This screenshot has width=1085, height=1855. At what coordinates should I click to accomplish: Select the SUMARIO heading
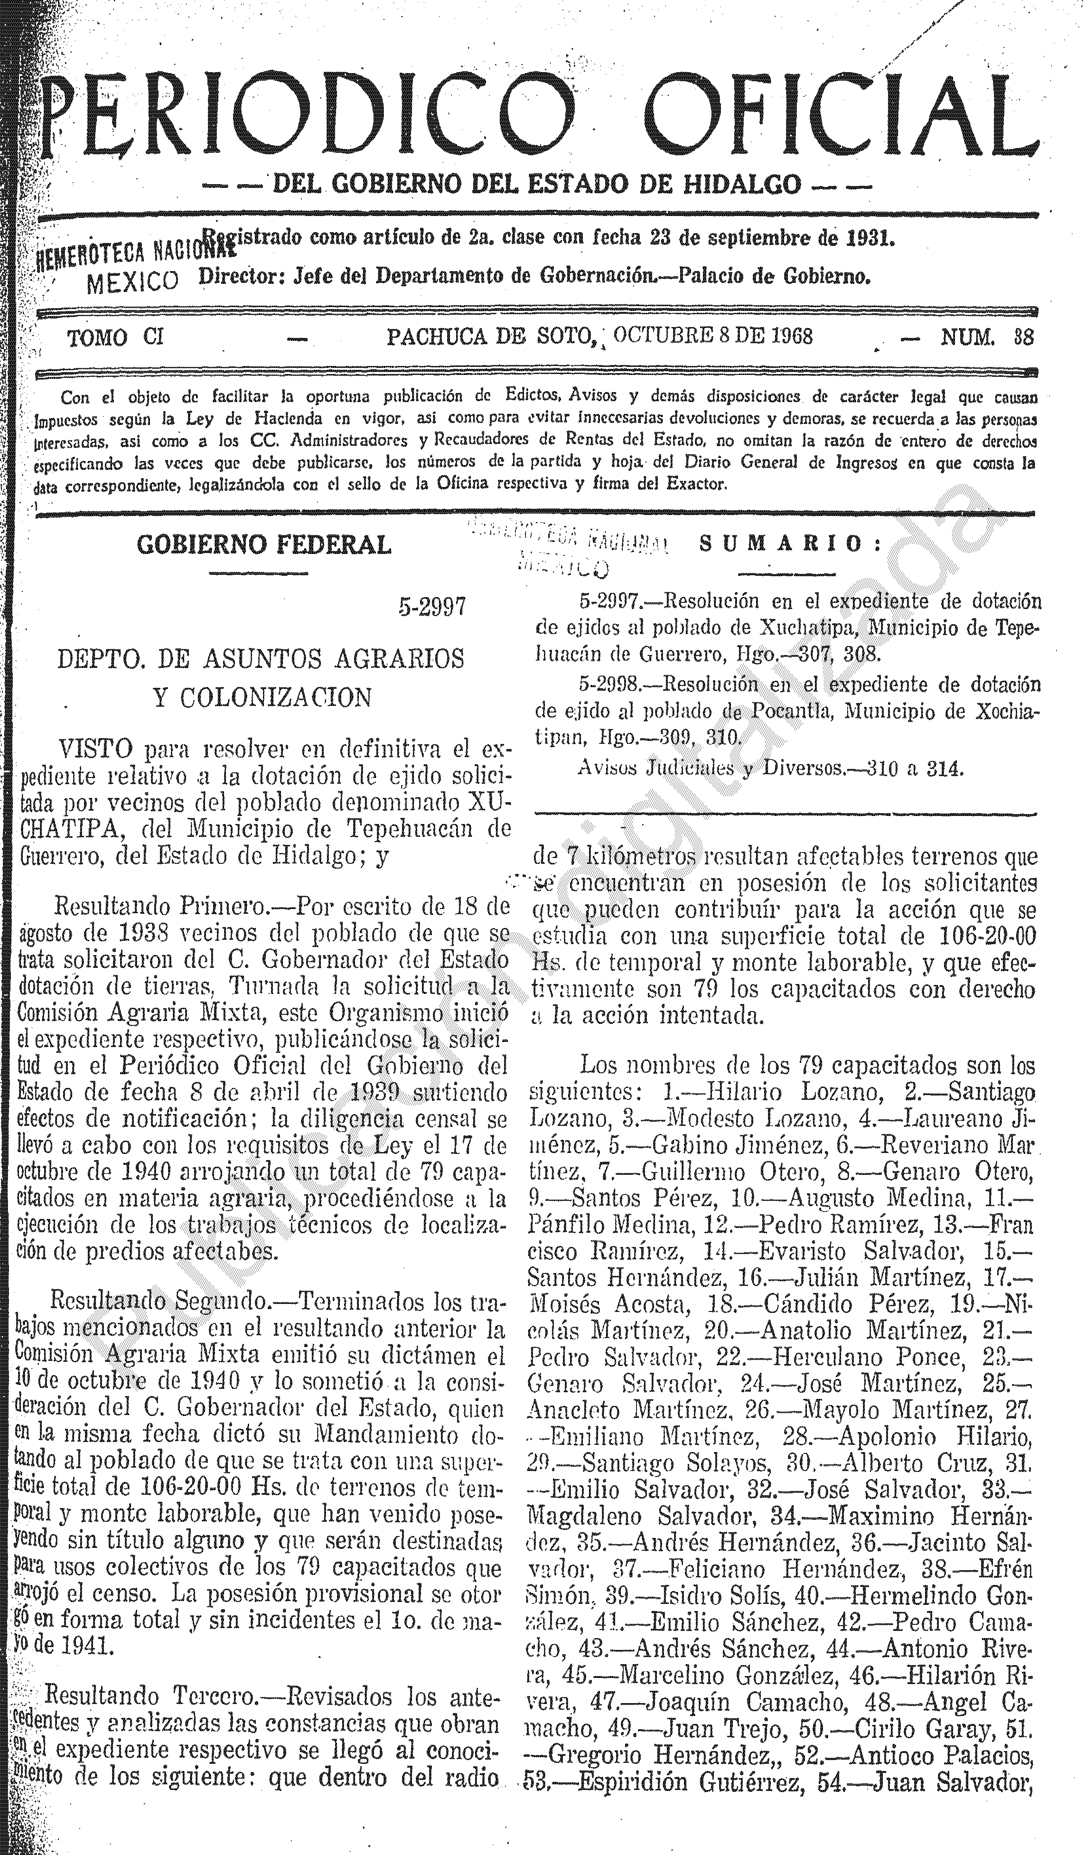[790, 545]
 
